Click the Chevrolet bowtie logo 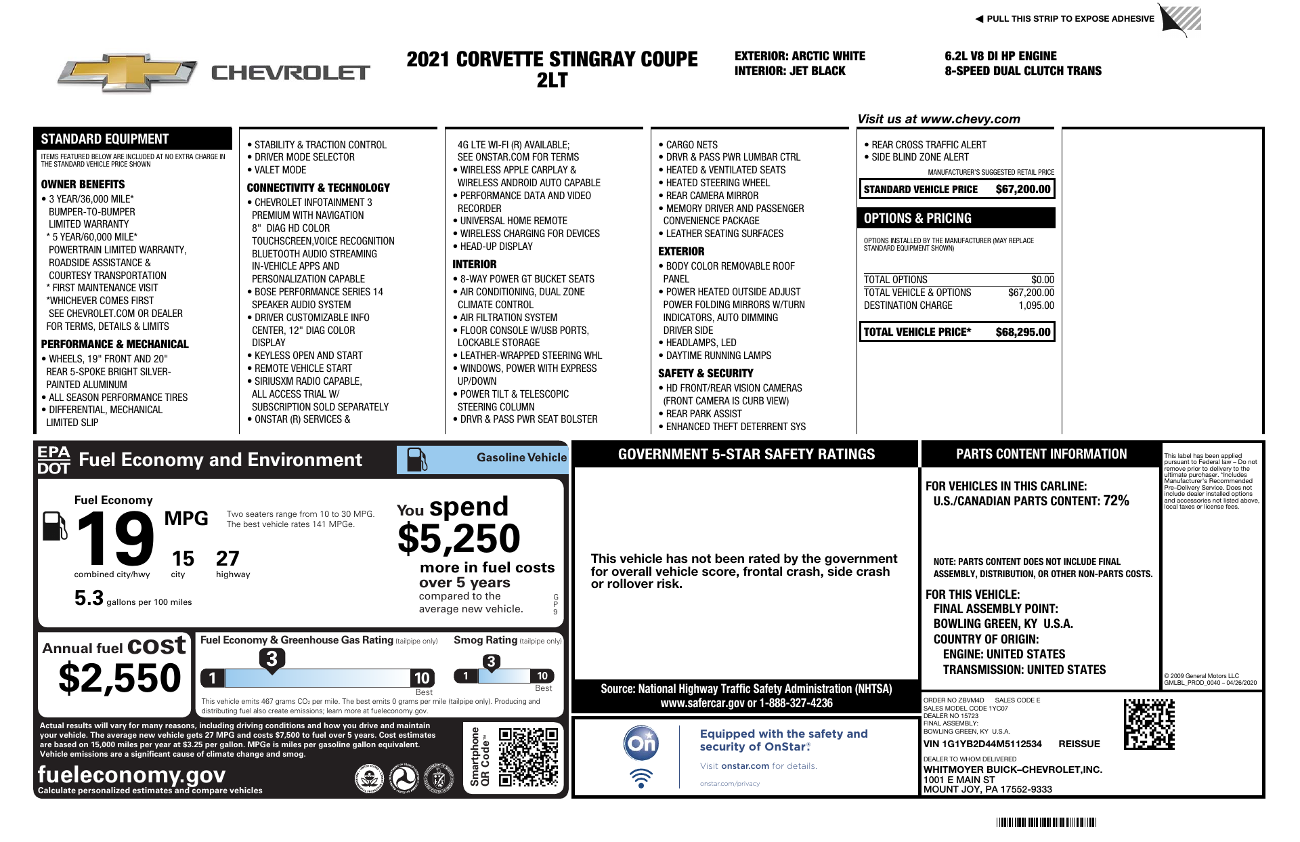pos(127,72)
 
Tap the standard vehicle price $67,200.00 pos(1022,190)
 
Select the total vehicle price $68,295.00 pos(1022,332)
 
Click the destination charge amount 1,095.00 pos(1036,306)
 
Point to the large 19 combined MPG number pos(115,539)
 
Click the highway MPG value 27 pos(227,559)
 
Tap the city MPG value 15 pos(183,559)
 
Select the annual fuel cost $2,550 pos(120,678)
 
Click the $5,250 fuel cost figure pos(459,539)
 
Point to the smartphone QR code pos(528,757)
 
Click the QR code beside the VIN pos(1149,724)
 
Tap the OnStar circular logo pos(641,743)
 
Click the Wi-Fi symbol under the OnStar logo pos(641,778)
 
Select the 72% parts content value pos(1116,501)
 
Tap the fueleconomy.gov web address pos(132,774)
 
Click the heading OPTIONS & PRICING pos(917,218)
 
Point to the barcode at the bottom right pos(1046,822)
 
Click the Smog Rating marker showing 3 pos(491,662)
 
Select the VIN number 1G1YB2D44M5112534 pos(982,744)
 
